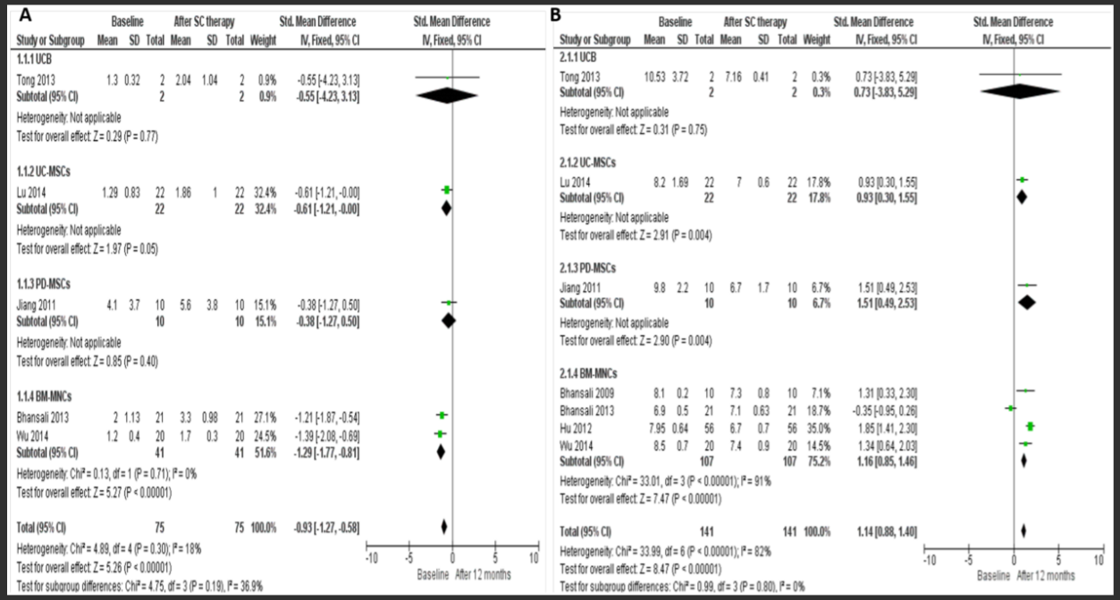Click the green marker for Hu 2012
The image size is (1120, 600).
tap(1031, 427)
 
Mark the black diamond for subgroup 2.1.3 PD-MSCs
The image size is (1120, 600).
tap(1027, 303)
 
